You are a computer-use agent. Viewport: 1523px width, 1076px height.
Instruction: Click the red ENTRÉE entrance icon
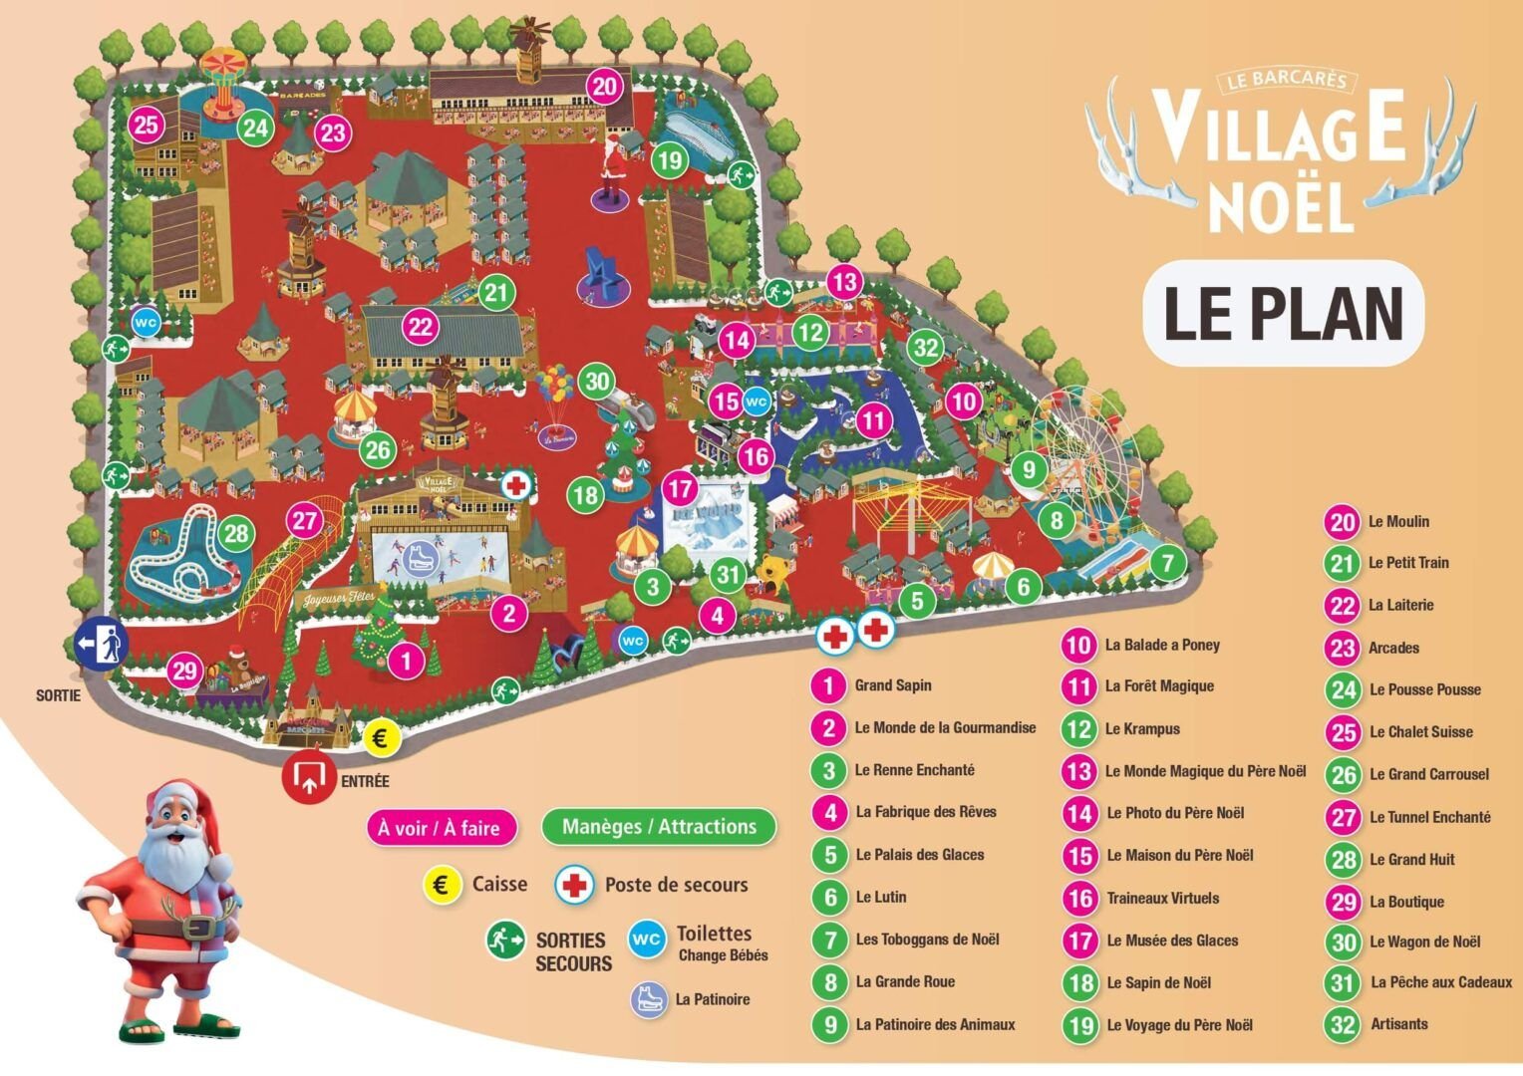pos(309,777)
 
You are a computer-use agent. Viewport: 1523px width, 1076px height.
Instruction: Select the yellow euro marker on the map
pos(379,738)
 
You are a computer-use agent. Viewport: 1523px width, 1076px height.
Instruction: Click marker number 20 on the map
pos(605,87)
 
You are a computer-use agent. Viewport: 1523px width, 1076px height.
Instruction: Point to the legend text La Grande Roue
pos(904,981)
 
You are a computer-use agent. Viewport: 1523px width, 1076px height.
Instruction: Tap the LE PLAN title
pos(1283,313)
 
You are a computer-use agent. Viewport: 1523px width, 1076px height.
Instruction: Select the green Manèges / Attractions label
pos(659,826)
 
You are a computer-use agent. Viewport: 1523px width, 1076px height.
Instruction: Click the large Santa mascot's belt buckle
pos(199,928)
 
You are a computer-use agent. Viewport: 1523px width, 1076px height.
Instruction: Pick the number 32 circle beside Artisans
pos(1344,1024)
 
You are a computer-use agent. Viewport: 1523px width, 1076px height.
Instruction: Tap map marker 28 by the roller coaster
pos(235,533)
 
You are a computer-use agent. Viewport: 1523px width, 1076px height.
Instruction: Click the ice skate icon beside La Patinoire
pos(649,999)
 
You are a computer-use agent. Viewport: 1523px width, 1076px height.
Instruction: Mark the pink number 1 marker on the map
pos(406,660)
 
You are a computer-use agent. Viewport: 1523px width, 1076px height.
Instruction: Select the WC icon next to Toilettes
pos(647,939)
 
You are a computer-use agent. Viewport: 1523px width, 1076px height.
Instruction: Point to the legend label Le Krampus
pos(1141,728)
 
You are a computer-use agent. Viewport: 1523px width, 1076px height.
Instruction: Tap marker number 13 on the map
pos(844,282)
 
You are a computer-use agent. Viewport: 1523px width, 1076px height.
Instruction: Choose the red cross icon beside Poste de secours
pos(574,885)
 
